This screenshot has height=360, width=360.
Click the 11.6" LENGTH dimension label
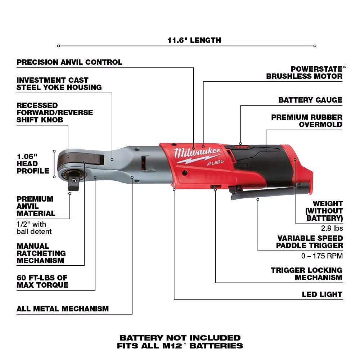[194, 40]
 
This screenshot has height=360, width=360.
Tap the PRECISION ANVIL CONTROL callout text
[69, 62]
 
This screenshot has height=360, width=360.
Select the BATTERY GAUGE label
[310, 100]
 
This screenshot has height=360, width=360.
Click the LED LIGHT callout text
[322, 294]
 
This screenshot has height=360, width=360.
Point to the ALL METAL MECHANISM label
[63, 309]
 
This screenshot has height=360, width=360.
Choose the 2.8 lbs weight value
[332, 228]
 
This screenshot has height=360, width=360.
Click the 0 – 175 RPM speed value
[322, 256]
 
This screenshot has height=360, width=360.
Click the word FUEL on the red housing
[216, 163]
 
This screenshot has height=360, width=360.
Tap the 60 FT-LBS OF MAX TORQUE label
[42, 281]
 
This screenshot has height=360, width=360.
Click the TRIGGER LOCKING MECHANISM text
[306, 274]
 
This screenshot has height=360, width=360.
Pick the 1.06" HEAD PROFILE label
[33, 164]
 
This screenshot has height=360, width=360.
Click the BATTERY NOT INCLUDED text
[180, 338]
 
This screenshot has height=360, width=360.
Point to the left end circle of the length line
[59, 46]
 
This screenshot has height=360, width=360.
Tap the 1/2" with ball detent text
[34, 228]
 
